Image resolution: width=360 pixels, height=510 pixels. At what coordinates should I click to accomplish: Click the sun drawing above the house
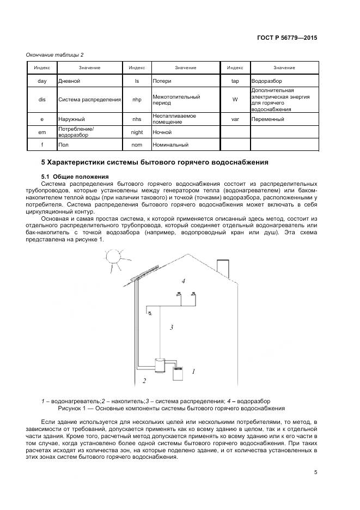(115, 257)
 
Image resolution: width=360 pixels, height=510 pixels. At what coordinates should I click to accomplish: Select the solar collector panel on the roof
(143, 275)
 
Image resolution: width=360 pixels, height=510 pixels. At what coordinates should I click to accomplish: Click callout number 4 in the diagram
(184, 281)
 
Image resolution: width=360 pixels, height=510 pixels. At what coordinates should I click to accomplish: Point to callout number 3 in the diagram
(172, 327)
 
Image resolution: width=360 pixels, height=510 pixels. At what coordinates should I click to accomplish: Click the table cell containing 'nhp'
(137, 100)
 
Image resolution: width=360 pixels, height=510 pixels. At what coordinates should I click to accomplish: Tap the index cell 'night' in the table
(137, 132)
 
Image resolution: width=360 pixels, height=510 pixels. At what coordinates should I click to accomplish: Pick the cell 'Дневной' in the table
(89, 81)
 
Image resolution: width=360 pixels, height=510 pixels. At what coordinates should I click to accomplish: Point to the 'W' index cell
(235, 100)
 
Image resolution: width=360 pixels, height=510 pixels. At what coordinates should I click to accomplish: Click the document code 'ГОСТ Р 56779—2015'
(287, 38)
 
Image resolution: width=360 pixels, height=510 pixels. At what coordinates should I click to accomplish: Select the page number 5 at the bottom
(315, 472)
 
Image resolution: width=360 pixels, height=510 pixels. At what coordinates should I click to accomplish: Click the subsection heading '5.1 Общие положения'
(75, 177)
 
